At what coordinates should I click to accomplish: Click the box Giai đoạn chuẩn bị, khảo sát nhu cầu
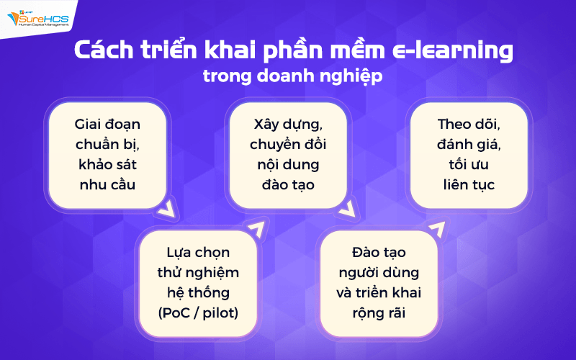coord(107,154)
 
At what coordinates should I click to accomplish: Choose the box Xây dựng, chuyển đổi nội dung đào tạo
coord(288,154)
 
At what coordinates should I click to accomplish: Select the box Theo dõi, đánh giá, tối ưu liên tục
coord(469,154)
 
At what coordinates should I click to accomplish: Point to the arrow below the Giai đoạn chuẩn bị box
coord(167,211)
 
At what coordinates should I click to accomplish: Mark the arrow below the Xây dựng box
coord(347,211)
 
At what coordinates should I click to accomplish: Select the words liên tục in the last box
coord(469,184)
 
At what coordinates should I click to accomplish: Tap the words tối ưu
coord(469,164)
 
